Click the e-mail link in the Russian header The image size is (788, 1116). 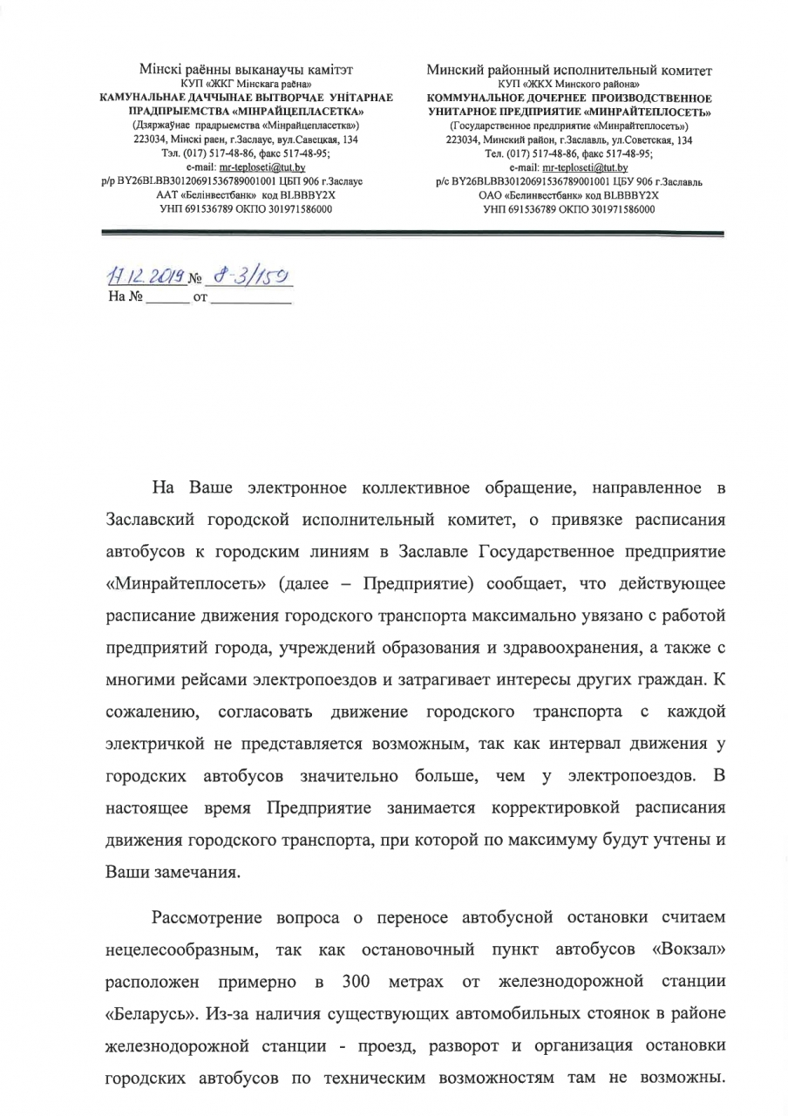(585, 165)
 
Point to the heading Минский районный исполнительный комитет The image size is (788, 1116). (569, 70)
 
